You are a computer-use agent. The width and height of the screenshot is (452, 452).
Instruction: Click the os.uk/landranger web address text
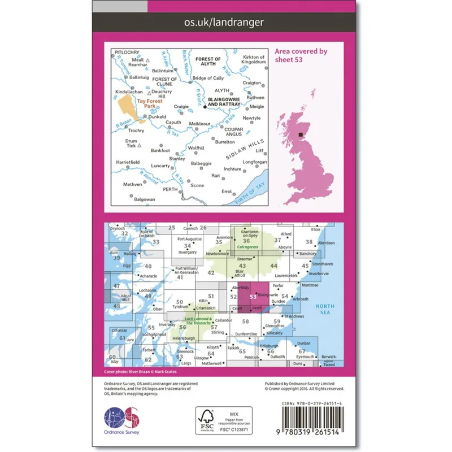224,23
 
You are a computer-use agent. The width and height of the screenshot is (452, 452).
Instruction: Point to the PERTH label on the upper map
169,189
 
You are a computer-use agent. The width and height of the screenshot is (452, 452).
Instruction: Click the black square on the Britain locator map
300,134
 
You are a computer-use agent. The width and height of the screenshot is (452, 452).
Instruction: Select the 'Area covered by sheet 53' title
301,55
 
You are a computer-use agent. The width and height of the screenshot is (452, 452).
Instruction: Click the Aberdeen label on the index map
327,243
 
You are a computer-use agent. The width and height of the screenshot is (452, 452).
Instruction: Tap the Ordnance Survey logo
121,420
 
